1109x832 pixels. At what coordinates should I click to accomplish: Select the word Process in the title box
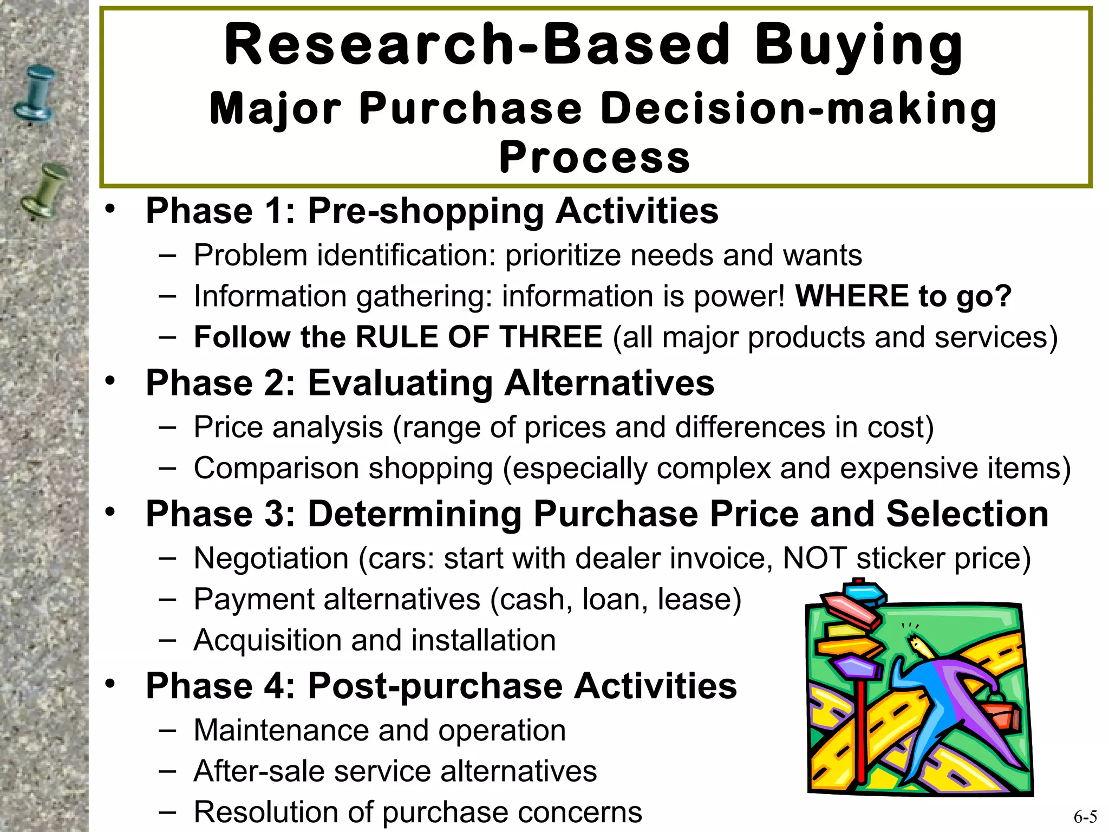(x=594, y=158)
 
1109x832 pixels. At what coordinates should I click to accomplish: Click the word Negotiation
(x=271, y=558)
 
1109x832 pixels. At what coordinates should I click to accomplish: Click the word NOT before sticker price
(x=814, y=558)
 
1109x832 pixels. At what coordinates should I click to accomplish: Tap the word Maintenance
(x=281, y=730)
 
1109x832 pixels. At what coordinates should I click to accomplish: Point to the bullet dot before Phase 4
(x=110, y=684)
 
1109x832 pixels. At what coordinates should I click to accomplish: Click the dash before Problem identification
(x=167, y=255)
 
